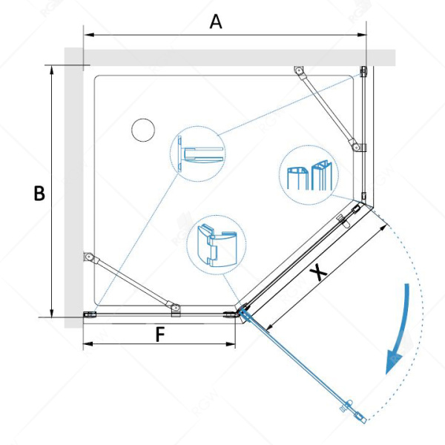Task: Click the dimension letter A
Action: [216, 22]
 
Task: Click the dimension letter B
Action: [39, 194]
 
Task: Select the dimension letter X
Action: [318, 272]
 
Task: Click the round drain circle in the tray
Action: [143, 130]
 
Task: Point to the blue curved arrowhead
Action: [394, 362]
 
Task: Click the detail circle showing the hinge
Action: [217, 245]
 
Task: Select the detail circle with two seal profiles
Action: [309, 175]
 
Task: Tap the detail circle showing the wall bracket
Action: [197, 154]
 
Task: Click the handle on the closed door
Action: [343, 220]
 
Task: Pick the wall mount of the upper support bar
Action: [299, 70]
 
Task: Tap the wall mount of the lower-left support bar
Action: [88, 257]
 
